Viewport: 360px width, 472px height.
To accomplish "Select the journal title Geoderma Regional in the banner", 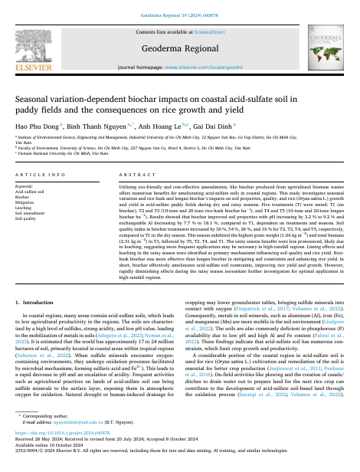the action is (x=180, y=47).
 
